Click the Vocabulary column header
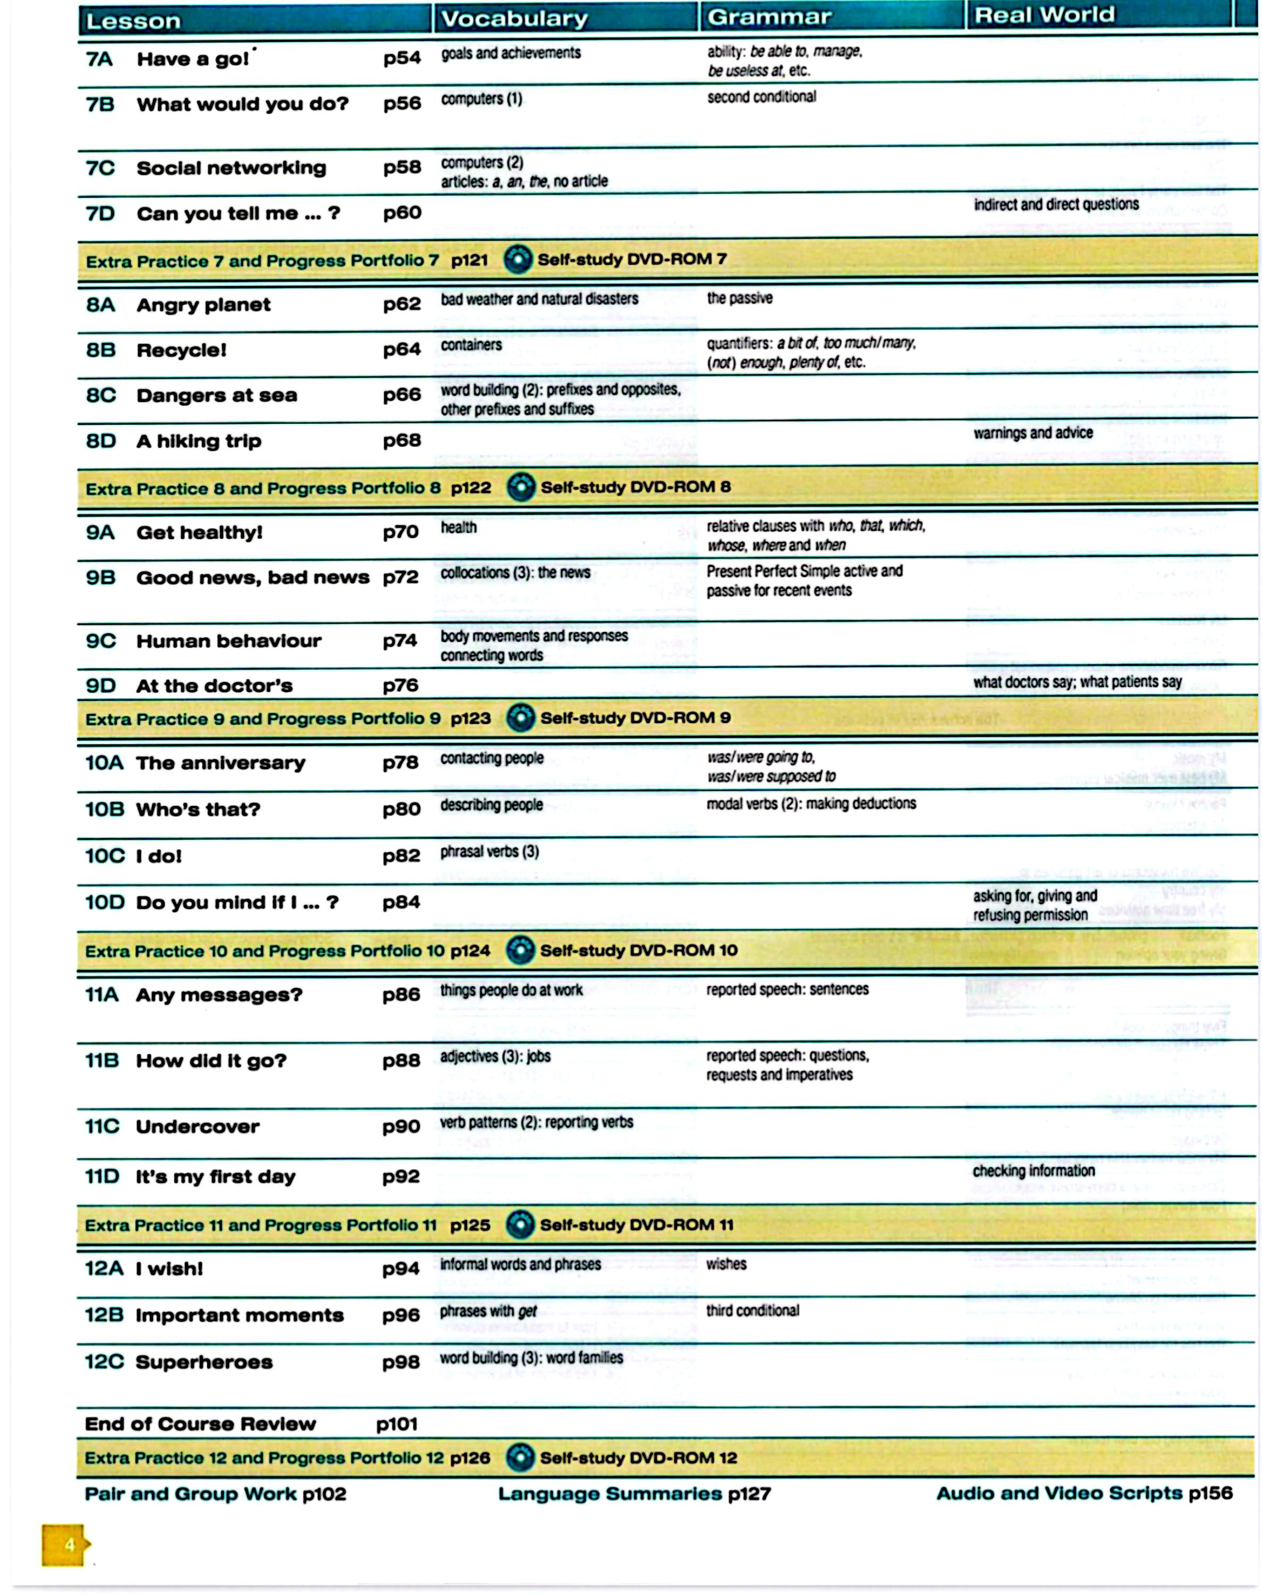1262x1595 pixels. click(514, 19)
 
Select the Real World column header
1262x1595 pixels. click(1044, 15)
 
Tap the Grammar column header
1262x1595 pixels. click(769, 17)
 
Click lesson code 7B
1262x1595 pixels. click(100, 104)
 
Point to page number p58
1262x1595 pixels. click(402, 168)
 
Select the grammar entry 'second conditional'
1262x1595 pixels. click(761, 97)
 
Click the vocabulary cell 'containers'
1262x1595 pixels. click(471, 345)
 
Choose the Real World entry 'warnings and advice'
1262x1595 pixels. click(1032, 433)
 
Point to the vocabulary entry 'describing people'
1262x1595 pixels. click(492, 805)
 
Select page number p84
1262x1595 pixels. click(401, 902)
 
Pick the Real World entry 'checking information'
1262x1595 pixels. click(1033, 1171)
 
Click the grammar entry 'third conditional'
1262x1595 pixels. click(752, 1311)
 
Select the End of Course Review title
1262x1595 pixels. click(200, 1424)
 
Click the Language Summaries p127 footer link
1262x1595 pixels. click(634, 1494)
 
